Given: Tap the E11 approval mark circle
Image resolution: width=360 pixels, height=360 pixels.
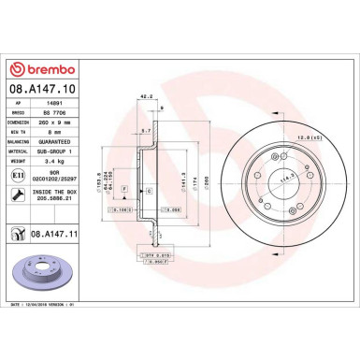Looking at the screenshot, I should (x=19, y=174).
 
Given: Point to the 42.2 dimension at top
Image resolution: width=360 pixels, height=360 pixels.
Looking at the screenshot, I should (x=145, y=95).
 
